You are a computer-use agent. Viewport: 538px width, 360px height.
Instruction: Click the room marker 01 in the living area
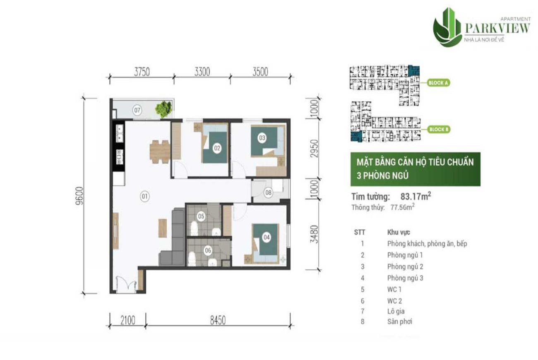pyautogui.click(x=144, y=197)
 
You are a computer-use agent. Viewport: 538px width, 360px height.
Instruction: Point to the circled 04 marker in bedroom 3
pyautogui.click(x=267, y=238)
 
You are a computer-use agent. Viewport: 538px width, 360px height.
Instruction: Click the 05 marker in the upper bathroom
pyautogui.click(x=201, y=216)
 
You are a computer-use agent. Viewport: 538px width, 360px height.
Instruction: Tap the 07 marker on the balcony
pyautogui.click(x=137, y=110)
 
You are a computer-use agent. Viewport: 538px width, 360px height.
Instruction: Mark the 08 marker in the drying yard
pyautogui.click(x=268, y=192)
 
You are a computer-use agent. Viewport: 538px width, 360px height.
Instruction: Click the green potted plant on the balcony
pyautogui.click(x=163, y=108)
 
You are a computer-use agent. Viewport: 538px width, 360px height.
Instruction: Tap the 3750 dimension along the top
pyautogui.click(x=142, y=72)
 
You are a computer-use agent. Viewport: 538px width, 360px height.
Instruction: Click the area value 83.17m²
pyautogui.click(x=416, y=197)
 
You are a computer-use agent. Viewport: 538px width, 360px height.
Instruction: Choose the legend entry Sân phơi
pyautogui.click(x=399, y=321)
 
